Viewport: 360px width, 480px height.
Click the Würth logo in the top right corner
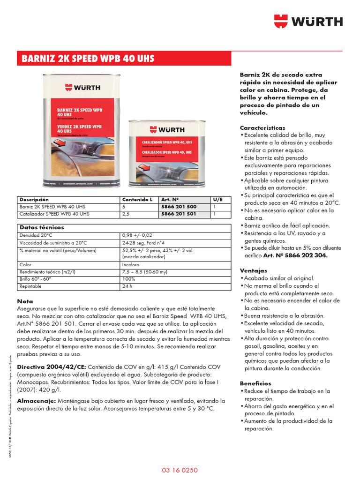tap(308, 22)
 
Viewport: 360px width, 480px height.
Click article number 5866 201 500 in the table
tap(179, 207)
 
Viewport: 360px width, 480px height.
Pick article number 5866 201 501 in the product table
tap(179, 214)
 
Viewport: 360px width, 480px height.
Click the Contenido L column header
tap(137, 200)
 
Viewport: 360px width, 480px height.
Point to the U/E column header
tap(218, 200)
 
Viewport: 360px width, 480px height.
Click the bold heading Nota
tap(25, 301)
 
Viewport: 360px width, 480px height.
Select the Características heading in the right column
tap(262, 127)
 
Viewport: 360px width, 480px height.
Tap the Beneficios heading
tap(255, 383)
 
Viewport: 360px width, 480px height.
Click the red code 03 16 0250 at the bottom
tap(180, 470)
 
